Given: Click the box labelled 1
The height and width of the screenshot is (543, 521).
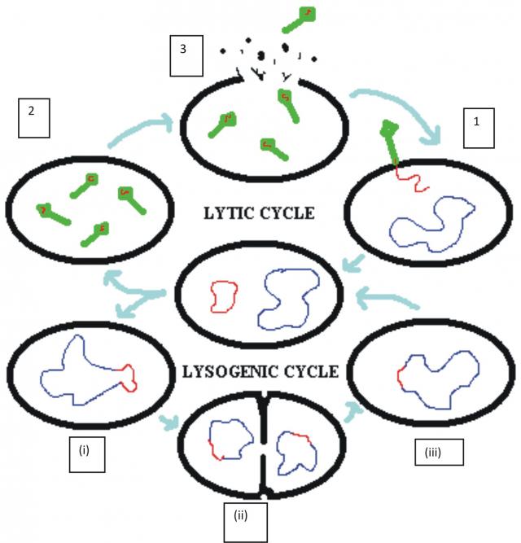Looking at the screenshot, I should click(x=479, y=128).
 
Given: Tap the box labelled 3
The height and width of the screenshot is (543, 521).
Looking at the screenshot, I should click(x=186, y=55).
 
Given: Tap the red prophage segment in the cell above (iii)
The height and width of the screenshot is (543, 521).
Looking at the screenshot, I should click(x=400, y=379).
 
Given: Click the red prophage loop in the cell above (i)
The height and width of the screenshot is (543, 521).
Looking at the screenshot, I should click(x=128, y=376).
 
